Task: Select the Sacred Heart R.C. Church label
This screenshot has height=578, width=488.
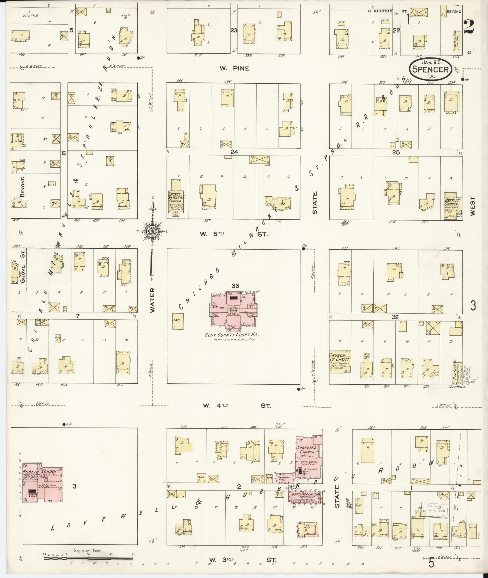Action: coord(175,198)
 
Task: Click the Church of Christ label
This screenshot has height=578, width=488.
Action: coord(339,358)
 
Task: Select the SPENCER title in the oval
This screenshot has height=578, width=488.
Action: coord(431,69)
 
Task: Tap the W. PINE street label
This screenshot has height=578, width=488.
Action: coord(234,69)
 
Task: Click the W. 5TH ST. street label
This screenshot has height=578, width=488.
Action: coord(233,234)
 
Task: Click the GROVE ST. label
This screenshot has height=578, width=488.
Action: coord(22,266)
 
